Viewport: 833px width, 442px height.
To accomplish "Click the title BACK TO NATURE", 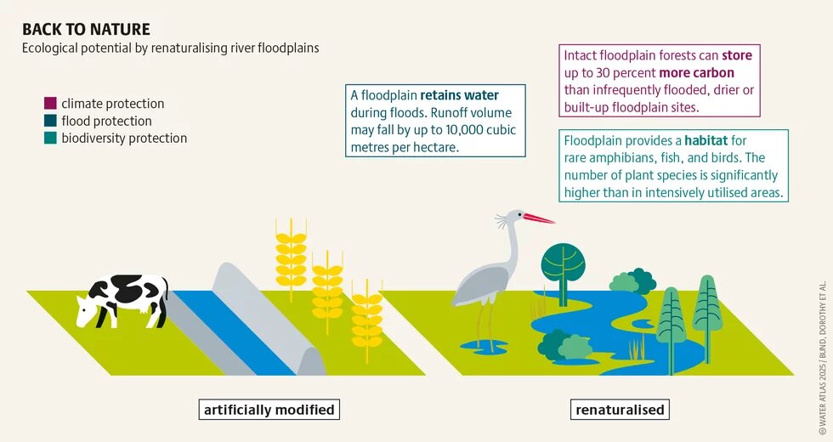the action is (x=86, y=29).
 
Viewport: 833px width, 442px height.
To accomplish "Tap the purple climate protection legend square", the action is (x=50, y=103).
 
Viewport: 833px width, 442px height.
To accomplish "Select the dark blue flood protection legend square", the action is (x=50, y=121).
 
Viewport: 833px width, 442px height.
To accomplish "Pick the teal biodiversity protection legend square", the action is (x=50, y=138).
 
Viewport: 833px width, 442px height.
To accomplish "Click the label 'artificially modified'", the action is (x=269, y=410).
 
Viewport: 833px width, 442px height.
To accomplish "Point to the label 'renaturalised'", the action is (x=620, y=410).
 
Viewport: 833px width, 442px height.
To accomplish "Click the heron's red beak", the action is (x=539, y=218).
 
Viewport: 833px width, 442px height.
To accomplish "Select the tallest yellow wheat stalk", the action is (x=291, y=259).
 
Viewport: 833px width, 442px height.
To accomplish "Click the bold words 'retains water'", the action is (x=460, y=95).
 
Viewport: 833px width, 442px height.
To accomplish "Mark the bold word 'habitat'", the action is (x=706, y=141).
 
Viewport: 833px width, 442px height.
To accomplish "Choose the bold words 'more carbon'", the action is (x=696, y=73).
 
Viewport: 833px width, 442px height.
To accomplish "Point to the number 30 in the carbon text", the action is (x=602, y=73).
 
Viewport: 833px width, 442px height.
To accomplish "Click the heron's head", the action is (x=514, y=216).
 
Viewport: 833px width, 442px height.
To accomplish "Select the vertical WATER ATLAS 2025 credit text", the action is (x=823, y=359).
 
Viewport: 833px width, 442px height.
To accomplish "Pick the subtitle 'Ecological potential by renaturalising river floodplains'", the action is (x=171, y=48).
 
